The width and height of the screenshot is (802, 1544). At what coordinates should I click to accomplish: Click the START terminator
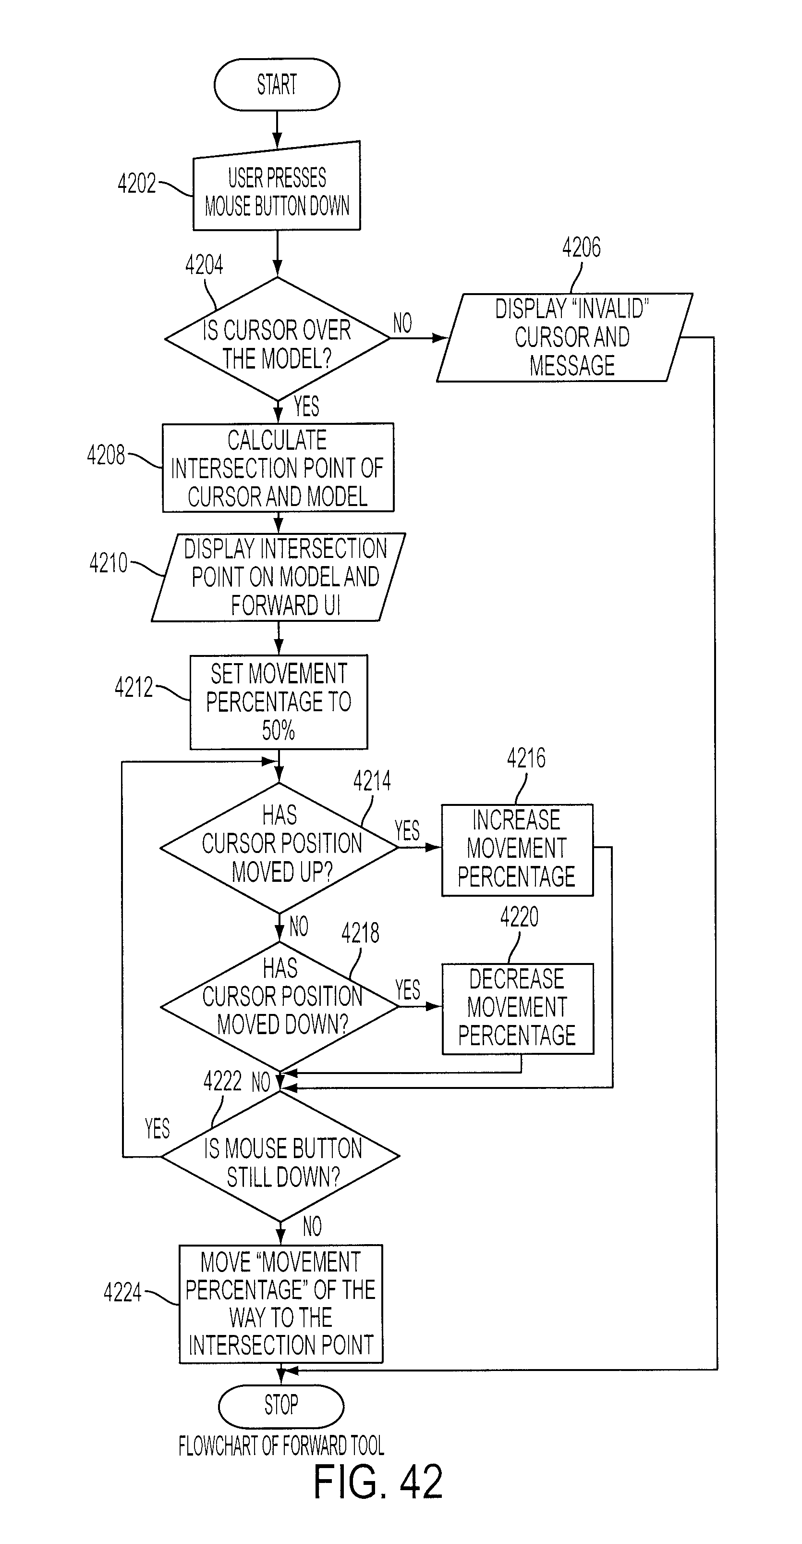point(277,85)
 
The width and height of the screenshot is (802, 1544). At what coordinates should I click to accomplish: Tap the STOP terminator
point(281,1406)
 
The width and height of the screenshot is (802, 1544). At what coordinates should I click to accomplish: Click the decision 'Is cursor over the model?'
point(277,339)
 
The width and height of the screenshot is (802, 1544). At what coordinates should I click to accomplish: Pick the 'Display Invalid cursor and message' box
point(565,337)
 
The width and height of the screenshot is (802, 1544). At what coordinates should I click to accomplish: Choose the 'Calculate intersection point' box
point(278,468)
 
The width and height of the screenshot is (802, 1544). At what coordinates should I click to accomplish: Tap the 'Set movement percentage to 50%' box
point(279,702)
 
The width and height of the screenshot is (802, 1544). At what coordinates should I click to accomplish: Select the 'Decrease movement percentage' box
point(518,1009)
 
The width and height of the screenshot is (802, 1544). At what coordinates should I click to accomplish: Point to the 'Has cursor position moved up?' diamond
point(279,848)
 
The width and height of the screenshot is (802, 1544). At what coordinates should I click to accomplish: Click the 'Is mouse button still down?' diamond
point(280,1156)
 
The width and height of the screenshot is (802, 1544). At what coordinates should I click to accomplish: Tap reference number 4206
point(581,247)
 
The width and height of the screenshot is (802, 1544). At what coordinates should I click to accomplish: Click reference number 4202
point(136,184)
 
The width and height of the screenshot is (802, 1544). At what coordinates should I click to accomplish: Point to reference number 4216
point(526,758)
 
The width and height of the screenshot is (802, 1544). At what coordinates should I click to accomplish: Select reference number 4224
point(123,1292)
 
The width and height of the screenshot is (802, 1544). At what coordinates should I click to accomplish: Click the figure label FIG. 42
point(378,1481)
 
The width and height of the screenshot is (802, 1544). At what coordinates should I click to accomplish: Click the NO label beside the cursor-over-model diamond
point(402,324)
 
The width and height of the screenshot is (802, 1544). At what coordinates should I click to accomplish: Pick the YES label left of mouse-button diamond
point(158,1129)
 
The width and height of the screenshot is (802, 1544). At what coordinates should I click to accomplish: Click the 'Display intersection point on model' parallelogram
point(279,577)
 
